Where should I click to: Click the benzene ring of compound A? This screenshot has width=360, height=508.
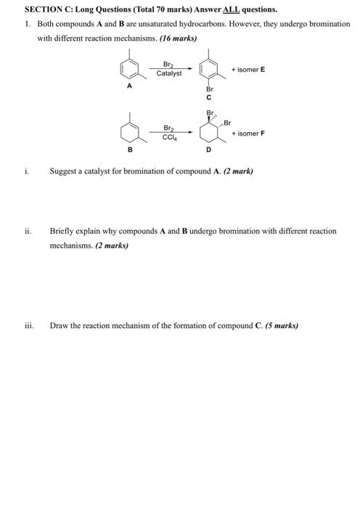click(x=131, y=69)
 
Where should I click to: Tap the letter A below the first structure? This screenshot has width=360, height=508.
click(x=130, y=86)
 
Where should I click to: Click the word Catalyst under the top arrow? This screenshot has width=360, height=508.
click(x=168, y=73)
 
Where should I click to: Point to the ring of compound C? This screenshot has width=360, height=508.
click(x=208, y=69)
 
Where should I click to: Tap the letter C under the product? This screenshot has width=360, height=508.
click(x=208, y=98)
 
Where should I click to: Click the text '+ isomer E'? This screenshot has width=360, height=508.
click(x=248, y=69)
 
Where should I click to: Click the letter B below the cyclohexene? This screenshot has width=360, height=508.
click(x=130, y=149)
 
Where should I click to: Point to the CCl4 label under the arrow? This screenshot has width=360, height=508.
click(x=168, y=137)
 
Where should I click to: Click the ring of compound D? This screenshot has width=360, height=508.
click(x=209, y=132)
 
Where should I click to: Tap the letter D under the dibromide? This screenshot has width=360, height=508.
click(x=208, y=149)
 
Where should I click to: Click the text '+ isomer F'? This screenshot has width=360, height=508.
click(x=248, y=134)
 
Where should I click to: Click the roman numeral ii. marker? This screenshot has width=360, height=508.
click(x=28, y=231)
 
